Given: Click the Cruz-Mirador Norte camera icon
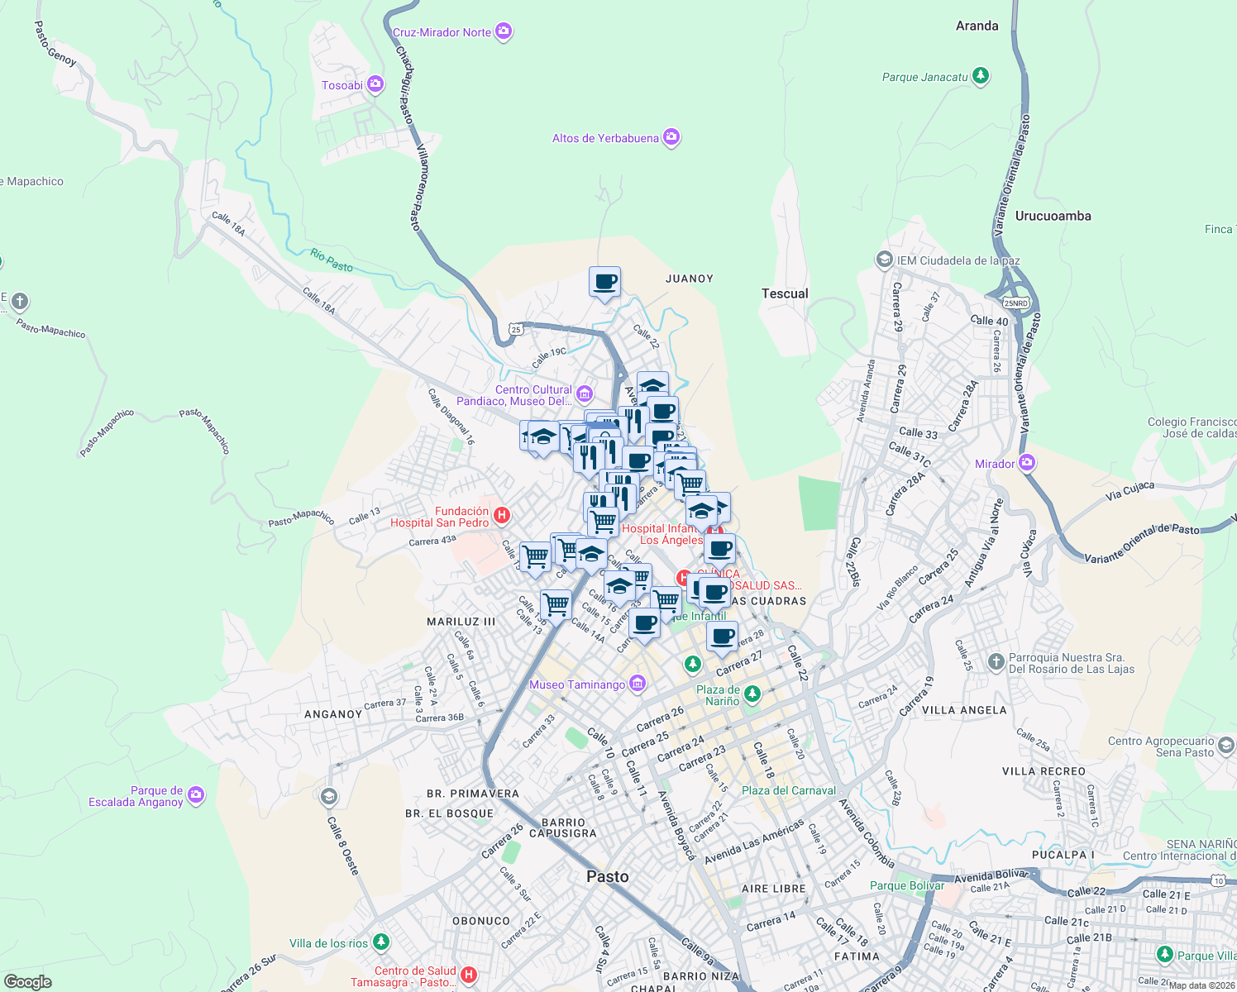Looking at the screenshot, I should (504, 32).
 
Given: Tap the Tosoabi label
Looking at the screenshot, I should (341, 85).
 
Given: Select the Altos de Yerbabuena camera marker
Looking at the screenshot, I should (671, 138).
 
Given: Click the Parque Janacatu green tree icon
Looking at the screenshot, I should (981, 77).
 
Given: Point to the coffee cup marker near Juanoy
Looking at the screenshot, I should (604, 282).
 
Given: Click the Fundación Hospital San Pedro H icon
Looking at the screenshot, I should (501, 517).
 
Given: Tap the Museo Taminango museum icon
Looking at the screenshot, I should (637, 684).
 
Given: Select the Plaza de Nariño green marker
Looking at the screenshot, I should (752, 694).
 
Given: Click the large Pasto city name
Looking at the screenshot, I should (607, 876).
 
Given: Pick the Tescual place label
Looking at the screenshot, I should (784, 293).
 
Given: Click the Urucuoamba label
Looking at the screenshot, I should (1053, 216).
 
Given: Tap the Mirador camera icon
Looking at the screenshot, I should (1027, 463).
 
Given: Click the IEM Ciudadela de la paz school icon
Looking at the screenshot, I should (884, 260).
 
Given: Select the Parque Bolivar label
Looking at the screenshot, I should (906, 885).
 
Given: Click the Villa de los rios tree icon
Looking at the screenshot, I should (380, 942).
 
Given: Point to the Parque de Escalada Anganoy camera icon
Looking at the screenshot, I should (195, 795).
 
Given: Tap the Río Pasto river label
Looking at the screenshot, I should (332, 260).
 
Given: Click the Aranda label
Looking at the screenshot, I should (977, 26).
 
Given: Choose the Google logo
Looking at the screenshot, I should (27, 981).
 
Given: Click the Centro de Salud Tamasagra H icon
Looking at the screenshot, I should (469, 976).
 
